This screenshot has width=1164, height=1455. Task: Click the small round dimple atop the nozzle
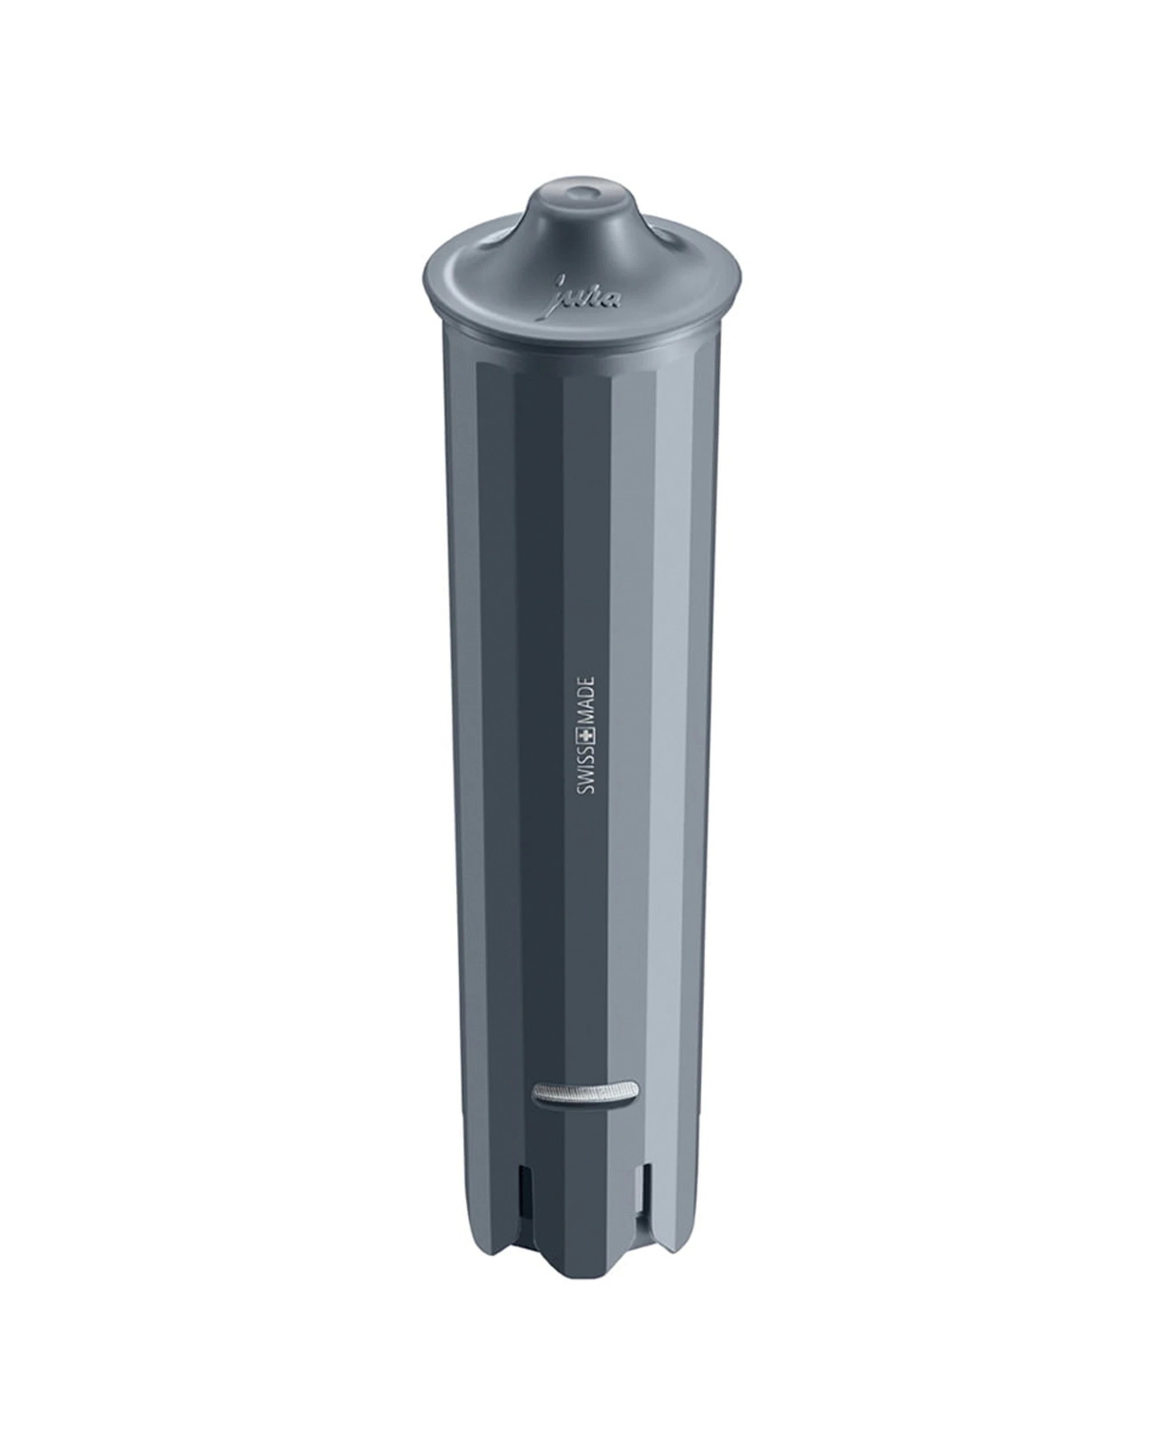(579, 192)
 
